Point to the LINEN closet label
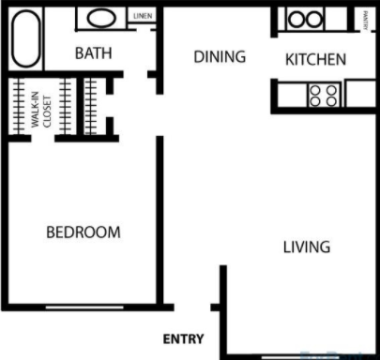coord(143,16)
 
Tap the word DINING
coord(220,56)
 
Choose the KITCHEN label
coord(316,59)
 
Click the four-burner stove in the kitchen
coord(325,94)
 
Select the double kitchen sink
coord(304,19)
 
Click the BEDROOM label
coord(84,232)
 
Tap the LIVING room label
coord(307,247)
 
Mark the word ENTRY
coord(184,338)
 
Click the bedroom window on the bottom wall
coord(84,307)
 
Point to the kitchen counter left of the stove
coord(291,94)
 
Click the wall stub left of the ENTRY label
coord(217,307)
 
